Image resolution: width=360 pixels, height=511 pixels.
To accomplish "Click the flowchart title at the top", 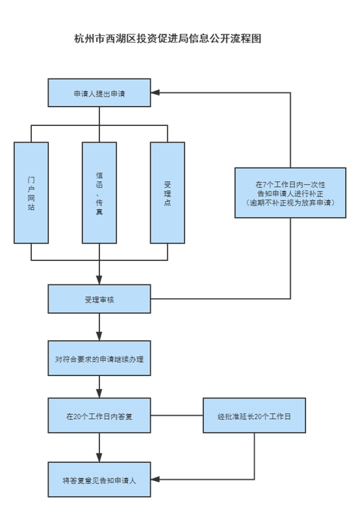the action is [x=168, y=38].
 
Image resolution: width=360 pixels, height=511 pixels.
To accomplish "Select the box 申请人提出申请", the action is [x=99, y=93].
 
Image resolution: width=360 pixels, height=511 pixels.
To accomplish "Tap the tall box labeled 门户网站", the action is [x=31, y=193].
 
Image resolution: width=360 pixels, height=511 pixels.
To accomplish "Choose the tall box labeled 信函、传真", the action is [x=99, y=193].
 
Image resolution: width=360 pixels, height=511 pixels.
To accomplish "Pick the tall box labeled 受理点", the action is [x=168, y=193].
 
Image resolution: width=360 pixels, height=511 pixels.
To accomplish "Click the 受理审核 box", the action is [x=99, y=299].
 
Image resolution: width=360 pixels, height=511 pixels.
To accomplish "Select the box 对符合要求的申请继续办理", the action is [x=99, y=358].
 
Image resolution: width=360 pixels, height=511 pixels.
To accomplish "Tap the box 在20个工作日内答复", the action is [x=99, y=416].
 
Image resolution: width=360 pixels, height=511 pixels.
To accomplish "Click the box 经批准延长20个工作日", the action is [x=254, y=416].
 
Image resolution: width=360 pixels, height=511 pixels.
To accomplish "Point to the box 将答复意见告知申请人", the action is [x=99, y=479].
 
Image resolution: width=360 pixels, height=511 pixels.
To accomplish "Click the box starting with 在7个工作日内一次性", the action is [x=290, y=193].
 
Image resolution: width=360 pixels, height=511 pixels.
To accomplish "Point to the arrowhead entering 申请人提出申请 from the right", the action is [x=155, y=93].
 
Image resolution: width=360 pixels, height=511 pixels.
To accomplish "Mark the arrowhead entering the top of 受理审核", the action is [x=99, y=280].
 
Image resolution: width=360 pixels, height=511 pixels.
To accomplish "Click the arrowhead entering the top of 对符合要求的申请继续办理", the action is [x=99, y=336].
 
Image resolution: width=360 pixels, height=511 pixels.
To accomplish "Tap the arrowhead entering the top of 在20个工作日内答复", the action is [x=99, y=393].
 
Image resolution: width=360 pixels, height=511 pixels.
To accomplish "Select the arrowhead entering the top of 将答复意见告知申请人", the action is [x=99, y=458].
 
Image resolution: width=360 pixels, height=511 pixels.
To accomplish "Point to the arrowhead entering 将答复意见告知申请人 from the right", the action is [x=155, y=479].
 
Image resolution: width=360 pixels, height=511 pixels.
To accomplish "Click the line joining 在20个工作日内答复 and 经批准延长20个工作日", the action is [x=177, y=416].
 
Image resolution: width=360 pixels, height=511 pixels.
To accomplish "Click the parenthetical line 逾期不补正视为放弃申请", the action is [x=290, y=203].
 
